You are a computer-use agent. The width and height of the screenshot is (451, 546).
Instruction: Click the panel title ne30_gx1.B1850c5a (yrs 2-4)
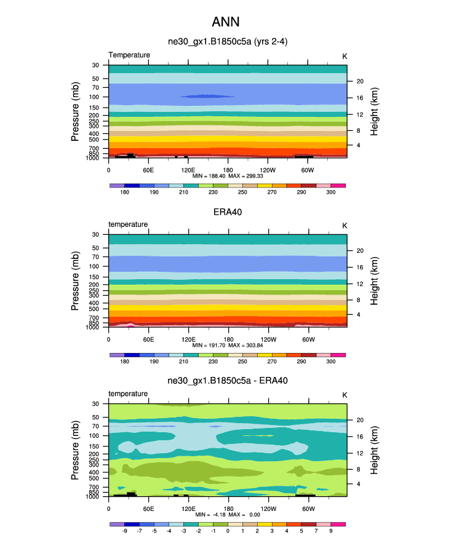(228, 42)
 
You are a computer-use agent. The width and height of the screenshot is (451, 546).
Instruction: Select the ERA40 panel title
(228, 212)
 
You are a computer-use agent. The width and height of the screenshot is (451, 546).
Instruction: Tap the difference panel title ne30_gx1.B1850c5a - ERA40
(228, 381)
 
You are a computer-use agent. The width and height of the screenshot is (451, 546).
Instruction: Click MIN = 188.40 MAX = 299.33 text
(228, 176)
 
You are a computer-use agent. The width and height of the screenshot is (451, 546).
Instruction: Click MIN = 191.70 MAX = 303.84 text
(228, 346)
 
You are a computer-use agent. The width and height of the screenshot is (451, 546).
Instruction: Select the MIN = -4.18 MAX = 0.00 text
(228, 515)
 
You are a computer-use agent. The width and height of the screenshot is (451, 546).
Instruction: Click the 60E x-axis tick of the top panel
(148, 170)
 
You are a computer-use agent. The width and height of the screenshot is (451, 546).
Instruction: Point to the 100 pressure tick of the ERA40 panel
(95, 267)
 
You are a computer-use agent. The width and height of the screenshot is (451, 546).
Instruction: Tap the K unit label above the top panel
(345, 56)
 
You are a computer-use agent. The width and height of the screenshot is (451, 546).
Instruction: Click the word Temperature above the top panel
(129, 55)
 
